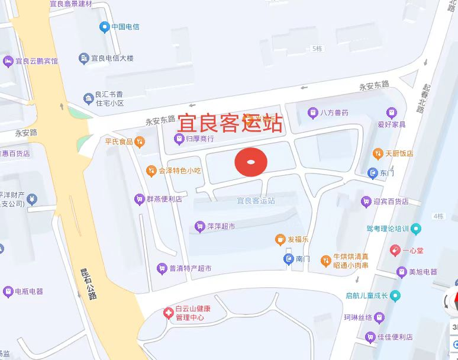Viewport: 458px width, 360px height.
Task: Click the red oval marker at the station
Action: [251, 162]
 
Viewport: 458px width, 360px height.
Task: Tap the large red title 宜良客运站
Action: [230, 124]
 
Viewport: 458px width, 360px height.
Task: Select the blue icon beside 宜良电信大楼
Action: [83, 58]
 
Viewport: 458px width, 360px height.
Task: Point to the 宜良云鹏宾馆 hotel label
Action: [37, 61]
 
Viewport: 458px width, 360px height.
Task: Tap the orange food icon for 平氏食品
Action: [139, 141]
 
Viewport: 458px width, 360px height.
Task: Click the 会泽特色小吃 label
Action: [180, 171]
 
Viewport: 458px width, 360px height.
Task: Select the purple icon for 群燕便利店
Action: [139, 199]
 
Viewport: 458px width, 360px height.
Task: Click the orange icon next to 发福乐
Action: [280, 239]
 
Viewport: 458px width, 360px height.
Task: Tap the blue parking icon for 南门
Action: [288, 258]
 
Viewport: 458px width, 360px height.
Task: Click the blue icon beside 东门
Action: [372, 173]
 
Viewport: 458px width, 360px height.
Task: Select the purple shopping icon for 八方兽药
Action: [312, 112]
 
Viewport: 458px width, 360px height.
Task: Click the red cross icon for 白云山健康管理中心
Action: [169, 313]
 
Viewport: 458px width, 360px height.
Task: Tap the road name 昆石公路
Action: [89, 284]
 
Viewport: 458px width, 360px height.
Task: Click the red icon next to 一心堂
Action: [395, 250]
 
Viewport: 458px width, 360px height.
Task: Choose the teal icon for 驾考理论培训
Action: [416, 228]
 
